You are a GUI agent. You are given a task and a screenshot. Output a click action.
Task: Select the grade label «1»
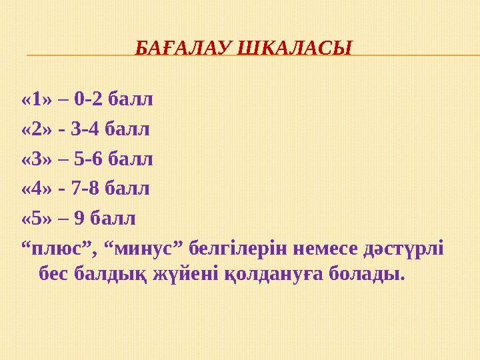point(37,101)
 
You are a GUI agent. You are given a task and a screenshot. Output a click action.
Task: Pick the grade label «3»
point(37,159)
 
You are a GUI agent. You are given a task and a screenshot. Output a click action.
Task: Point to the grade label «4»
point(37,189)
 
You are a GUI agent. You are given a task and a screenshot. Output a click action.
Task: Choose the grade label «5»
point(37,218)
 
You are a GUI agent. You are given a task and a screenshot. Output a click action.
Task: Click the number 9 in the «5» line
point(76,218)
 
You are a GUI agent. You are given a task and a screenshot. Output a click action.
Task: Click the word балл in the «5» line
point(111,218)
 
